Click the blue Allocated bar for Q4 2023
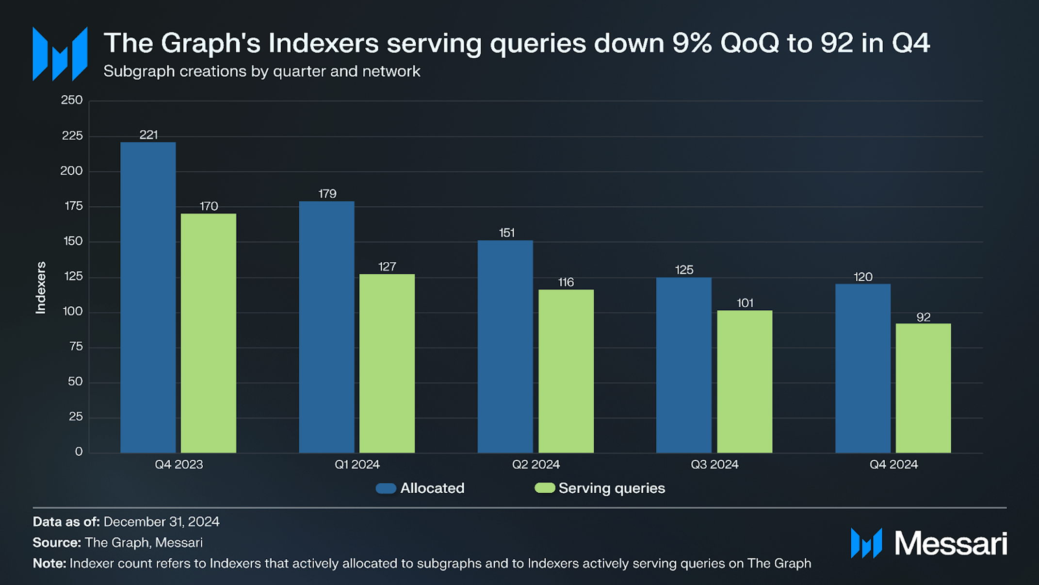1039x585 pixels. (148, 297)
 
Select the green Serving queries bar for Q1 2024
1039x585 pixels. (387, 363)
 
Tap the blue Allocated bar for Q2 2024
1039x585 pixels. (505, 346)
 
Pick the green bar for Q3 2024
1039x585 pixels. (745, 381)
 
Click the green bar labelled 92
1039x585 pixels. (923, 388)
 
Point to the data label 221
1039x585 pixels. (148, 135)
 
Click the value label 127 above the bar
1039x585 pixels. (387, 267)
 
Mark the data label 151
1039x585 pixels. (506, 233)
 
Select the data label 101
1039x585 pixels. (745, 303)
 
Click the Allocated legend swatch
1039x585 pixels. (386, 488)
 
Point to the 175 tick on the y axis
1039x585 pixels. (73, 206)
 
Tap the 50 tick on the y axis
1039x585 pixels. (75, 382)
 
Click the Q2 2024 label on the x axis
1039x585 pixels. (536, 465)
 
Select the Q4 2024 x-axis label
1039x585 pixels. (893, 465)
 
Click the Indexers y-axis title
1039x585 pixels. (41, 288)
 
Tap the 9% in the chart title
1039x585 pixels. (692, 43)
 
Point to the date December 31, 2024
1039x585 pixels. (161, 522)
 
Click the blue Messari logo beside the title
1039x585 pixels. (60, 54)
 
